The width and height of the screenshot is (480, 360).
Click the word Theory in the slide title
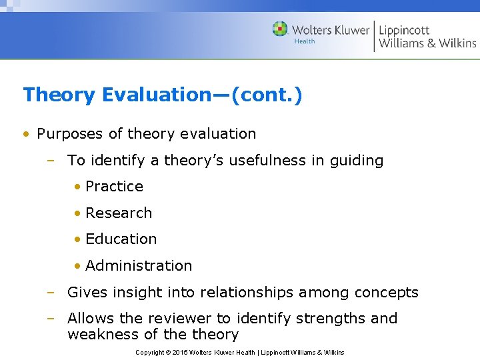tap(59, 95)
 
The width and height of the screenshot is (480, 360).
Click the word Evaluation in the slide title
tap(157, 95)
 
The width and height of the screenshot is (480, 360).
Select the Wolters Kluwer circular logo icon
tap(280, 29)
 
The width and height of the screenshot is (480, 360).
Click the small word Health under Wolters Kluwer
tap(304, 41)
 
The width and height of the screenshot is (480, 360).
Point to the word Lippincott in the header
tap(404, 30)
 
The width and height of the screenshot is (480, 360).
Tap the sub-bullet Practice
tap(114, 187)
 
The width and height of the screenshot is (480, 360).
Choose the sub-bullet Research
tap(119, 213)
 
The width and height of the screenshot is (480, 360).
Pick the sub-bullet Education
tap(121, 239)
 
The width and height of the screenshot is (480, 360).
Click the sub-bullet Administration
tap(139, 265)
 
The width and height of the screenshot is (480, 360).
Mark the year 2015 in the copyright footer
tap(181, 352)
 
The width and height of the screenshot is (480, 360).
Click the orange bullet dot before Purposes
tap(25, 134)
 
